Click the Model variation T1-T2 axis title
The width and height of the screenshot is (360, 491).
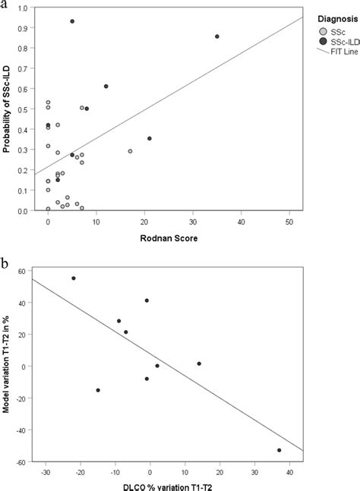click(10, 365)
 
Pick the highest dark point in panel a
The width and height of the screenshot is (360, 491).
click(72, 21)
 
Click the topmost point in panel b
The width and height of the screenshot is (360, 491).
click(74, 278)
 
